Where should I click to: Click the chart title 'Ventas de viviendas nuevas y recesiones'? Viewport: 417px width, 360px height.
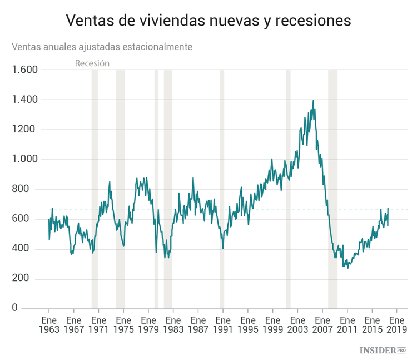209,20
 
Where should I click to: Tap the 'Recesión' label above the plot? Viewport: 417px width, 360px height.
92,63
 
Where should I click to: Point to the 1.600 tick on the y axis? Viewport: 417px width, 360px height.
24,70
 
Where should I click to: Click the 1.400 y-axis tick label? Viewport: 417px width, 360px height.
24,100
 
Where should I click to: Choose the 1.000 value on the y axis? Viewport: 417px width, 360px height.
24,159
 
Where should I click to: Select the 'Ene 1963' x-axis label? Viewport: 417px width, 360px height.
49,325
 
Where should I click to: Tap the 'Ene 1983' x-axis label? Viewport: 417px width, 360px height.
173,325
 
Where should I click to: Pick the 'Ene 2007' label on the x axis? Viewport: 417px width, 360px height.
322,325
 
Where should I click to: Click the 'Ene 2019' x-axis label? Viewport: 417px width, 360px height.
396,325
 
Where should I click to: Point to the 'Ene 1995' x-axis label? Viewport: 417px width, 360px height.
247,325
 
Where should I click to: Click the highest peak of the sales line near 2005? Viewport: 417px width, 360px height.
313,101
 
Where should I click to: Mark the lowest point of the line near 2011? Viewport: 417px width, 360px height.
349,268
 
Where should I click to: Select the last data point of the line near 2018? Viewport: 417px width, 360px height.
388,209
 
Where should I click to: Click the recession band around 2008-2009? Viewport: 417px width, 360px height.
332,189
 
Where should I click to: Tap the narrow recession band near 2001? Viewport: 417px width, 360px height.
288,189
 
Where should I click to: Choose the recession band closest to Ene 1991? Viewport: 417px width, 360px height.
222,189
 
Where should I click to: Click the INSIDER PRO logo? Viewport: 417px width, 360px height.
384,350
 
